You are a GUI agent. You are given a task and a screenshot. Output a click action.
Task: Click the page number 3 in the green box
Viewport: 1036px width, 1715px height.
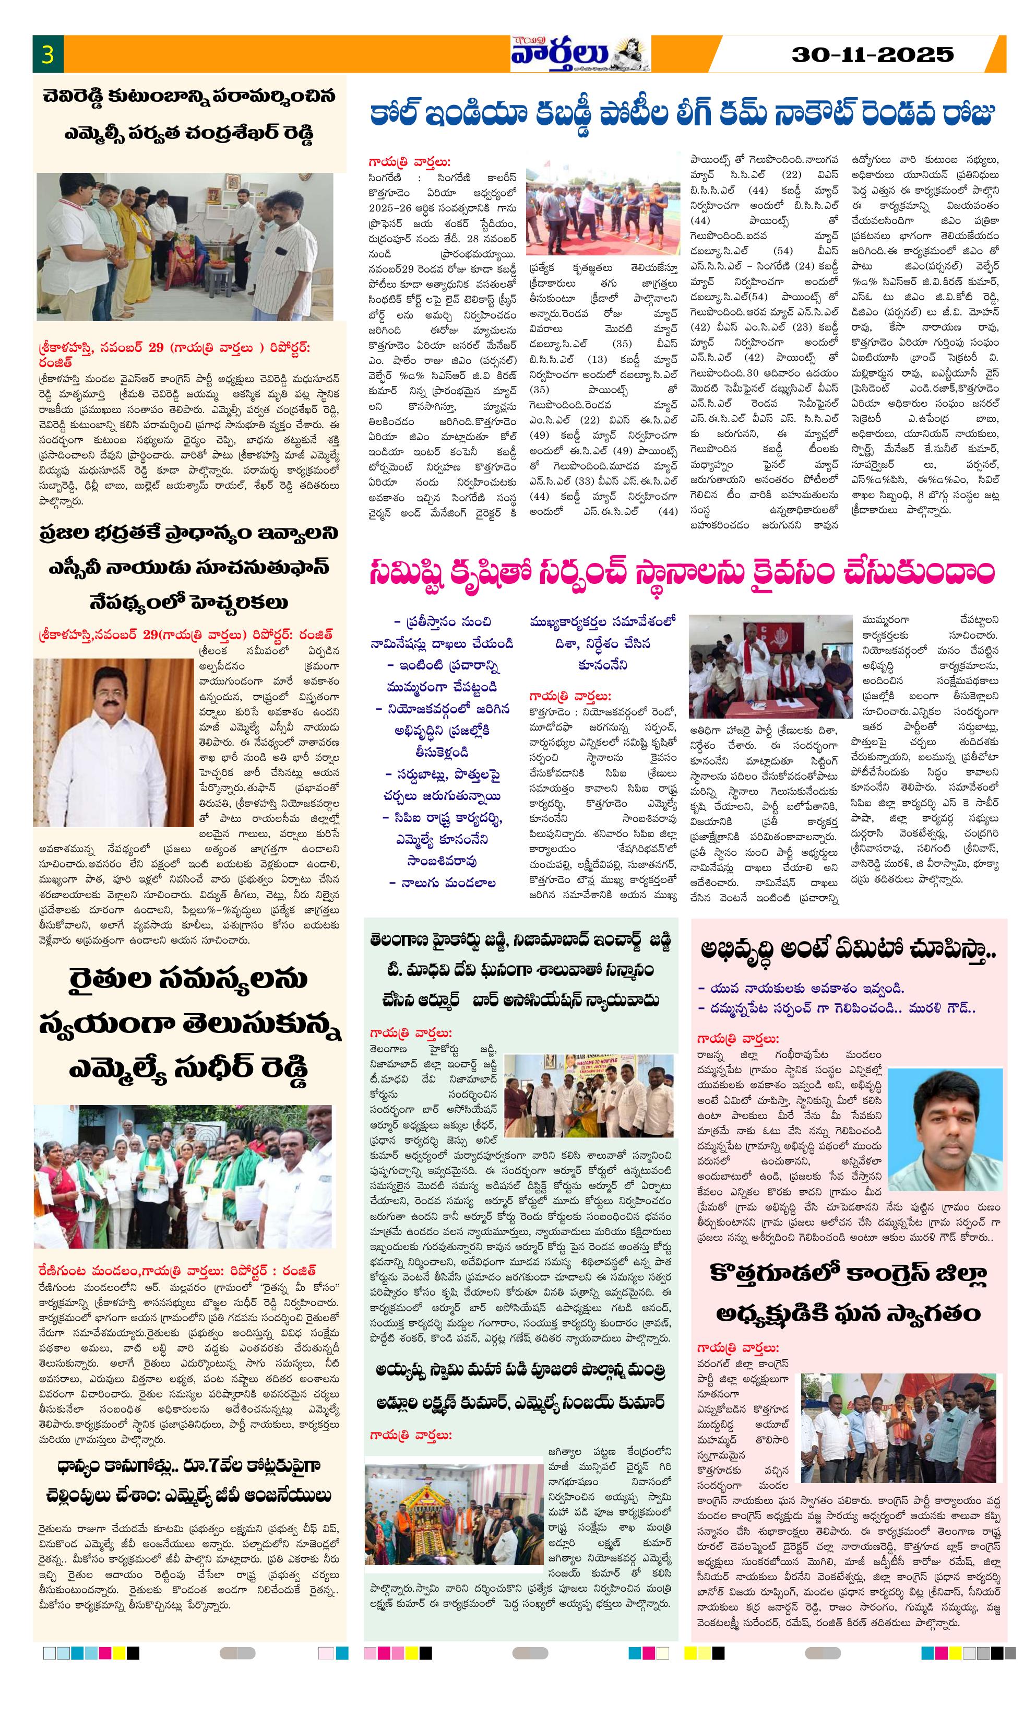tap(47, 54)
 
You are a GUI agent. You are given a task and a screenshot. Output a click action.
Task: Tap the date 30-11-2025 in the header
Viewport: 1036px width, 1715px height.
tap(873, 54)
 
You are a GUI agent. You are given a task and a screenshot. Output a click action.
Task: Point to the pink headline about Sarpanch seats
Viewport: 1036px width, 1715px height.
tap(682, 573)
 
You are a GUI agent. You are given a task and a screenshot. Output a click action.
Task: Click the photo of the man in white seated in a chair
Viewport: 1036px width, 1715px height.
tap(113, 742)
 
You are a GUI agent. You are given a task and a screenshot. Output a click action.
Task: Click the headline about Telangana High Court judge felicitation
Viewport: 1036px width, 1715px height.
tap(520, 970)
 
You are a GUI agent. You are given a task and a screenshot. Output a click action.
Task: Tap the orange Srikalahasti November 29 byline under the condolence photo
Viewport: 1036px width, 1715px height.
tap(174, 353)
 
